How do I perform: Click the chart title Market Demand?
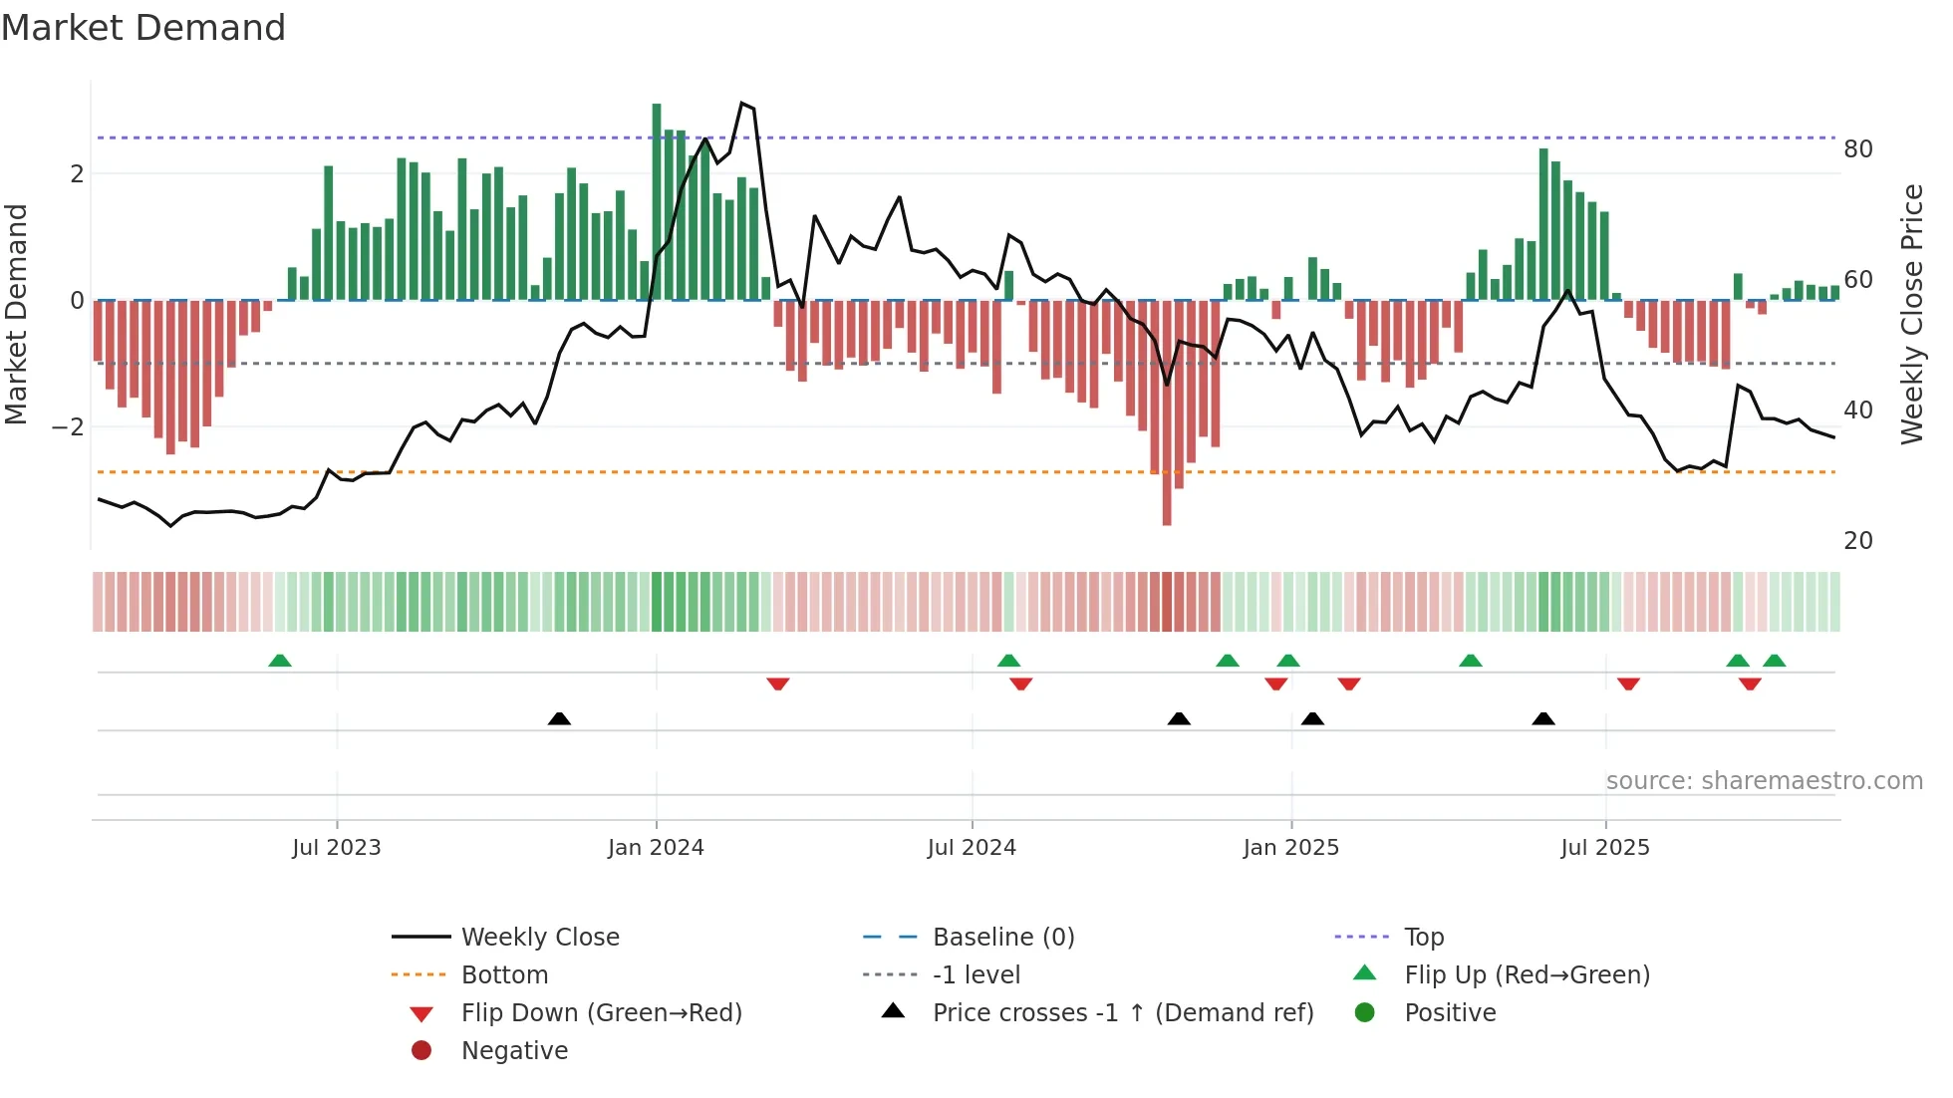pos(143,28)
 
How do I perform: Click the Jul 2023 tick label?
pos(337,847)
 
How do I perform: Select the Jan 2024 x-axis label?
pos(656,847)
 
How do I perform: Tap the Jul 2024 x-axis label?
pos(972,847)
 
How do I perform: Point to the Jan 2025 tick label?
pos(1291,847)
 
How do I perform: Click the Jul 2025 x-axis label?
pos(1605,847)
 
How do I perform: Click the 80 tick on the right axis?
pos(1858,149)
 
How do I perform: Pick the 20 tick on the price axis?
pos(1858,541)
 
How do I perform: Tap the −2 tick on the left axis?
pos(68,426)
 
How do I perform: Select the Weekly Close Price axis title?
pos(1911,314)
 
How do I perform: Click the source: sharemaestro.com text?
pos(1764,781)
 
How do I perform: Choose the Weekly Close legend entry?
pos(540,937)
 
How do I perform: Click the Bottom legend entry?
pos(504,974)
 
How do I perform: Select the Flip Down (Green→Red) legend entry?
pos(601,1012)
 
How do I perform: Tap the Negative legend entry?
pos(514,1050)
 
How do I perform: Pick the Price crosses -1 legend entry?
pos(1123,1012)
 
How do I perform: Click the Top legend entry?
pos(1424,937)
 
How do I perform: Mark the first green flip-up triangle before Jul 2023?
pos(280,661)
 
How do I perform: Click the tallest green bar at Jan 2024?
pos(657,199)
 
